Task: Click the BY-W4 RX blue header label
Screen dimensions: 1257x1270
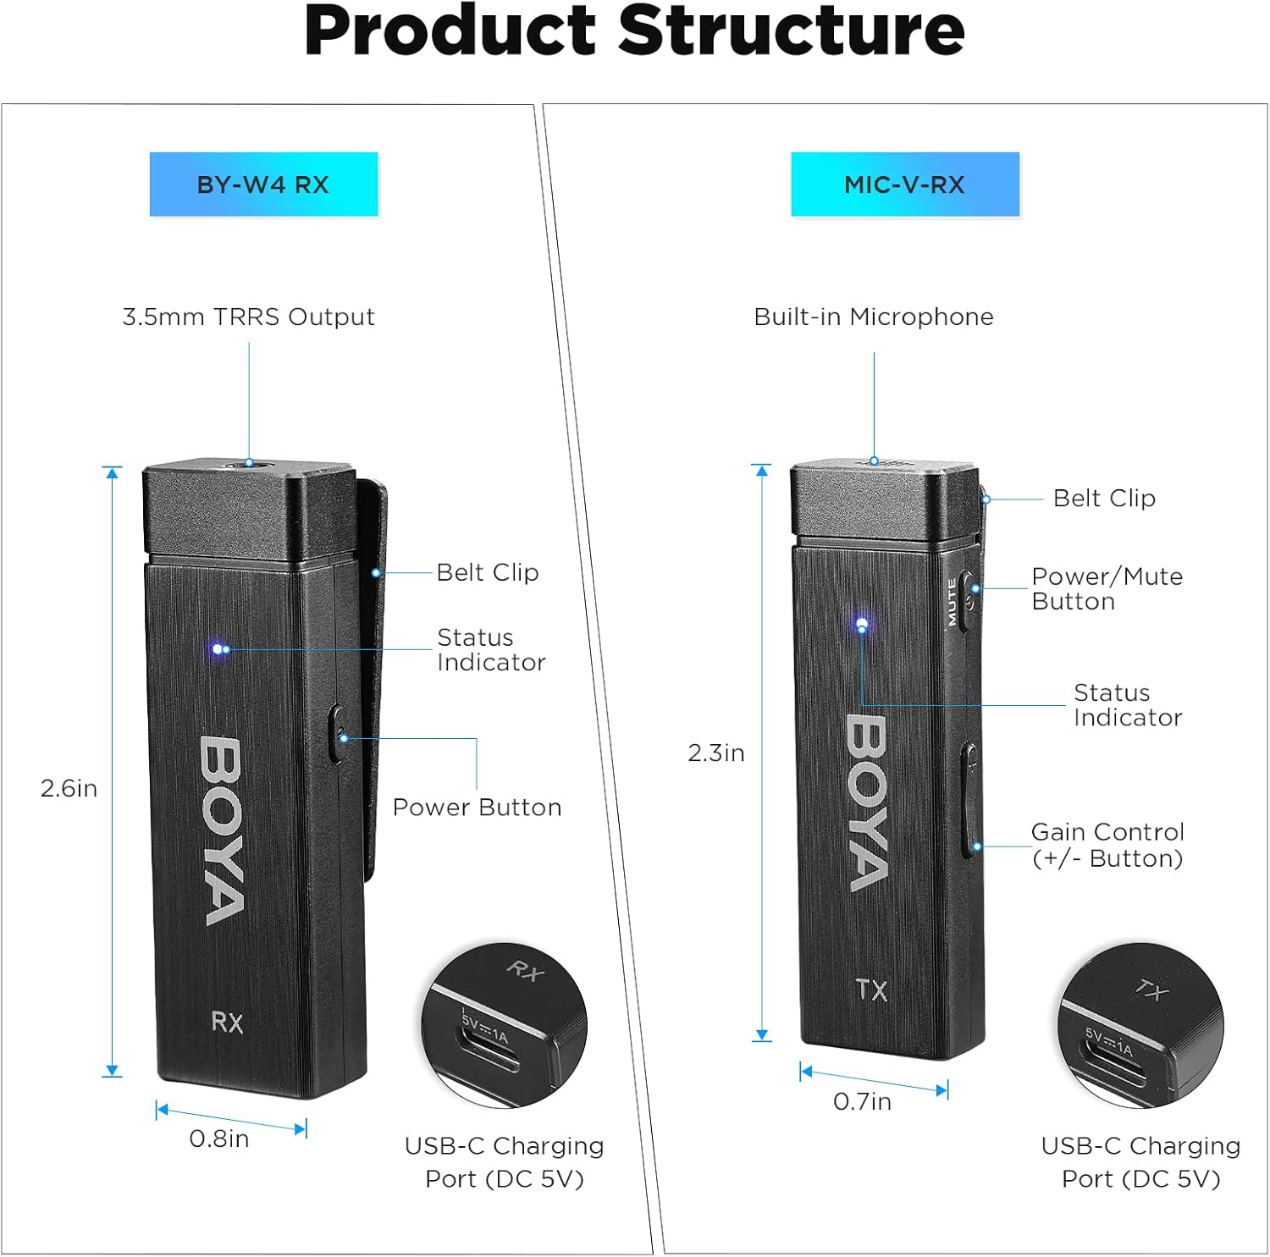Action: pyautogui.click(x=263, y=185)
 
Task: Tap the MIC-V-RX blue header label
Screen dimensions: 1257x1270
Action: pyautogui.click(x=904, y=185)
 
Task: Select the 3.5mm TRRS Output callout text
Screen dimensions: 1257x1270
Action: pyautogui.click(x=248, y=317)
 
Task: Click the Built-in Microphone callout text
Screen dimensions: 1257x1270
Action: pyautogui.click(x=873, y=317)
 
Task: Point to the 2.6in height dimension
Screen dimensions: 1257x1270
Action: pyautogui.click(x=69, y=788)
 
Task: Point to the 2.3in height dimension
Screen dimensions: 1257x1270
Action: pyautogui.click(x=715, y=753)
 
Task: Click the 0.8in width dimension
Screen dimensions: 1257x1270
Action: pyautogui.click(x=219, y=1138)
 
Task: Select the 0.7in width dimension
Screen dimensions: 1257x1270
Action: pyautogui.click(x=862, y=1101)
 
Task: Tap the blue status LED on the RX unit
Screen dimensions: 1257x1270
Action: pyautogui.click(x=218, y=648)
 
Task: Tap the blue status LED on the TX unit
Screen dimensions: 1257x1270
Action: pyautogui.click(x=862, y=625)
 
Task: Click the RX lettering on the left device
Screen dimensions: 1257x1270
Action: pyautogui.click(x=227, y=1023)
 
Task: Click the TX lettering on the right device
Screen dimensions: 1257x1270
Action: pyautogui.click(x=871, y=990)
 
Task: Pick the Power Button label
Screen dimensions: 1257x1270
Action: pyautogui.click(x=477, y=807)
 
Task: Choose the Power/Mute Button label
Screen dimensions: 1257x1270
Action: pyautogui.click(x=1107, y=588)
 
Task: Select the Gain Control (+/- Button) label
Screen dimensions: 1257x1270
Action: pyautogui.click(x=1107, y=845)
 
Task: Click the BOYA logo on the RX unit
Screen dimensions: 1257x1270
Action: pyautogui.click(x=223, y=830)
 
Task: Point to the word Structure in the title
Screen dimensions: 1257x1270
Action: pyautogui.click(x=792, y=30)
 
